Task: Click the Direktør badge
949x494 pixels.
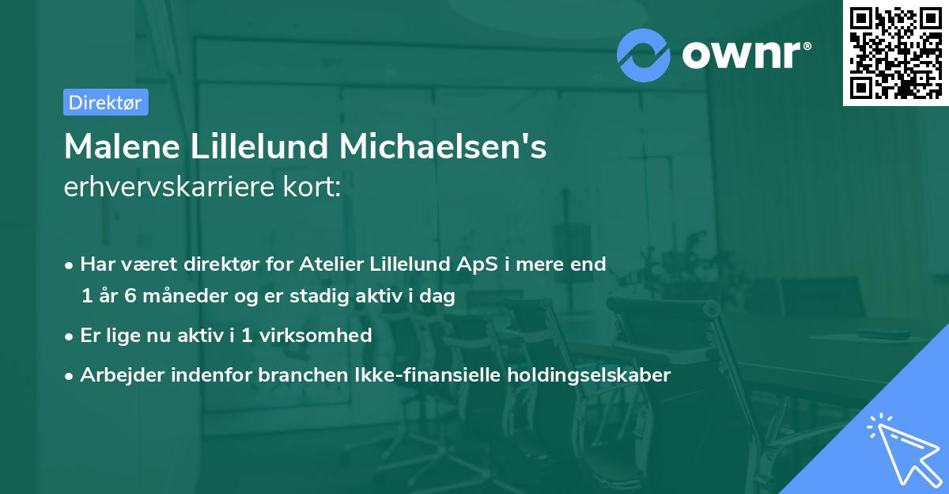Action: pos(105,102)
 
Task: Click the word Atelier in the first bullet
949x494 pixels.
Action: pos(331,264)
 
